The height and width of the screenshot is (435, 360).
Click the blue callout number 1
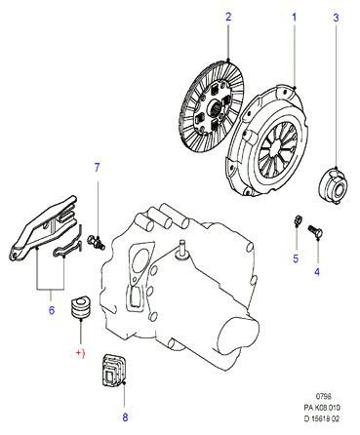(x=295, y=18)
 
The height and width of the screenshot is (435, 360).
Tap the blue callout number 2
(x=228, y=17)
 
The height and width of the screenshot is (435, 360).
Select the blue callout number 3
(x=336, y=18)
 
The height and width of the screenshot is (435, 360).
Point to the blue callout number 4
(x=317, y=271)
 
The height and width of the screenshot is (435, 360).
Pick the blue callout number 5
(x=296, y=258)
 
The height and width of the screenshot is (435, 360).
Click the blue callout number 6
(x=52, y=310)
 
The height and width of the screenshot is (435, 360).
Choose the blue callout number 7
(x=97, y=168)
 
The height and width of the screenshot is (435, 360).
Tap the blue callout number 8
(x=125, y=416)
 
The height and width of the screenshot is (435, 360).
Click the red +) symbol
(x=80, y=353)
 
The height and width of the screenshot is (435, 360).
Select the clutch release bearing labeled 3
(x=333, y=185)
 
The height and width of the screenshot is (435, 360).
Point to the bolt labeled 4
(x=315, y=231)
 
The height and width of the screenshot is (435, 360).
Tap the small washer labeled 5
(x=298, y=219)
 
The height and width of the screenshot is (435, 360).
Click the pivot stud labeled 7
(x=97, y=242)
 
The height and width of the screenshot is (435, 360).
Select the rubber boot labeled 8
(x=114, y=371)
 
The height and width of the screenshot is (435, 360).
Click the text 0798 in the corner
(x=324, y=396)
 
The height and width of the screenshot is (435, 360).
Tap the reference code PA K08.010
(x=322, y=408)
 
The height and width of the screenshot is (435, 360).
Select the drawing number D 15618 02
(x=322, y=418)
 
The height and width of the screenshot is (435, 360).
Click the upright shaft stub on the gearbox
(x=181, y=250)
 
